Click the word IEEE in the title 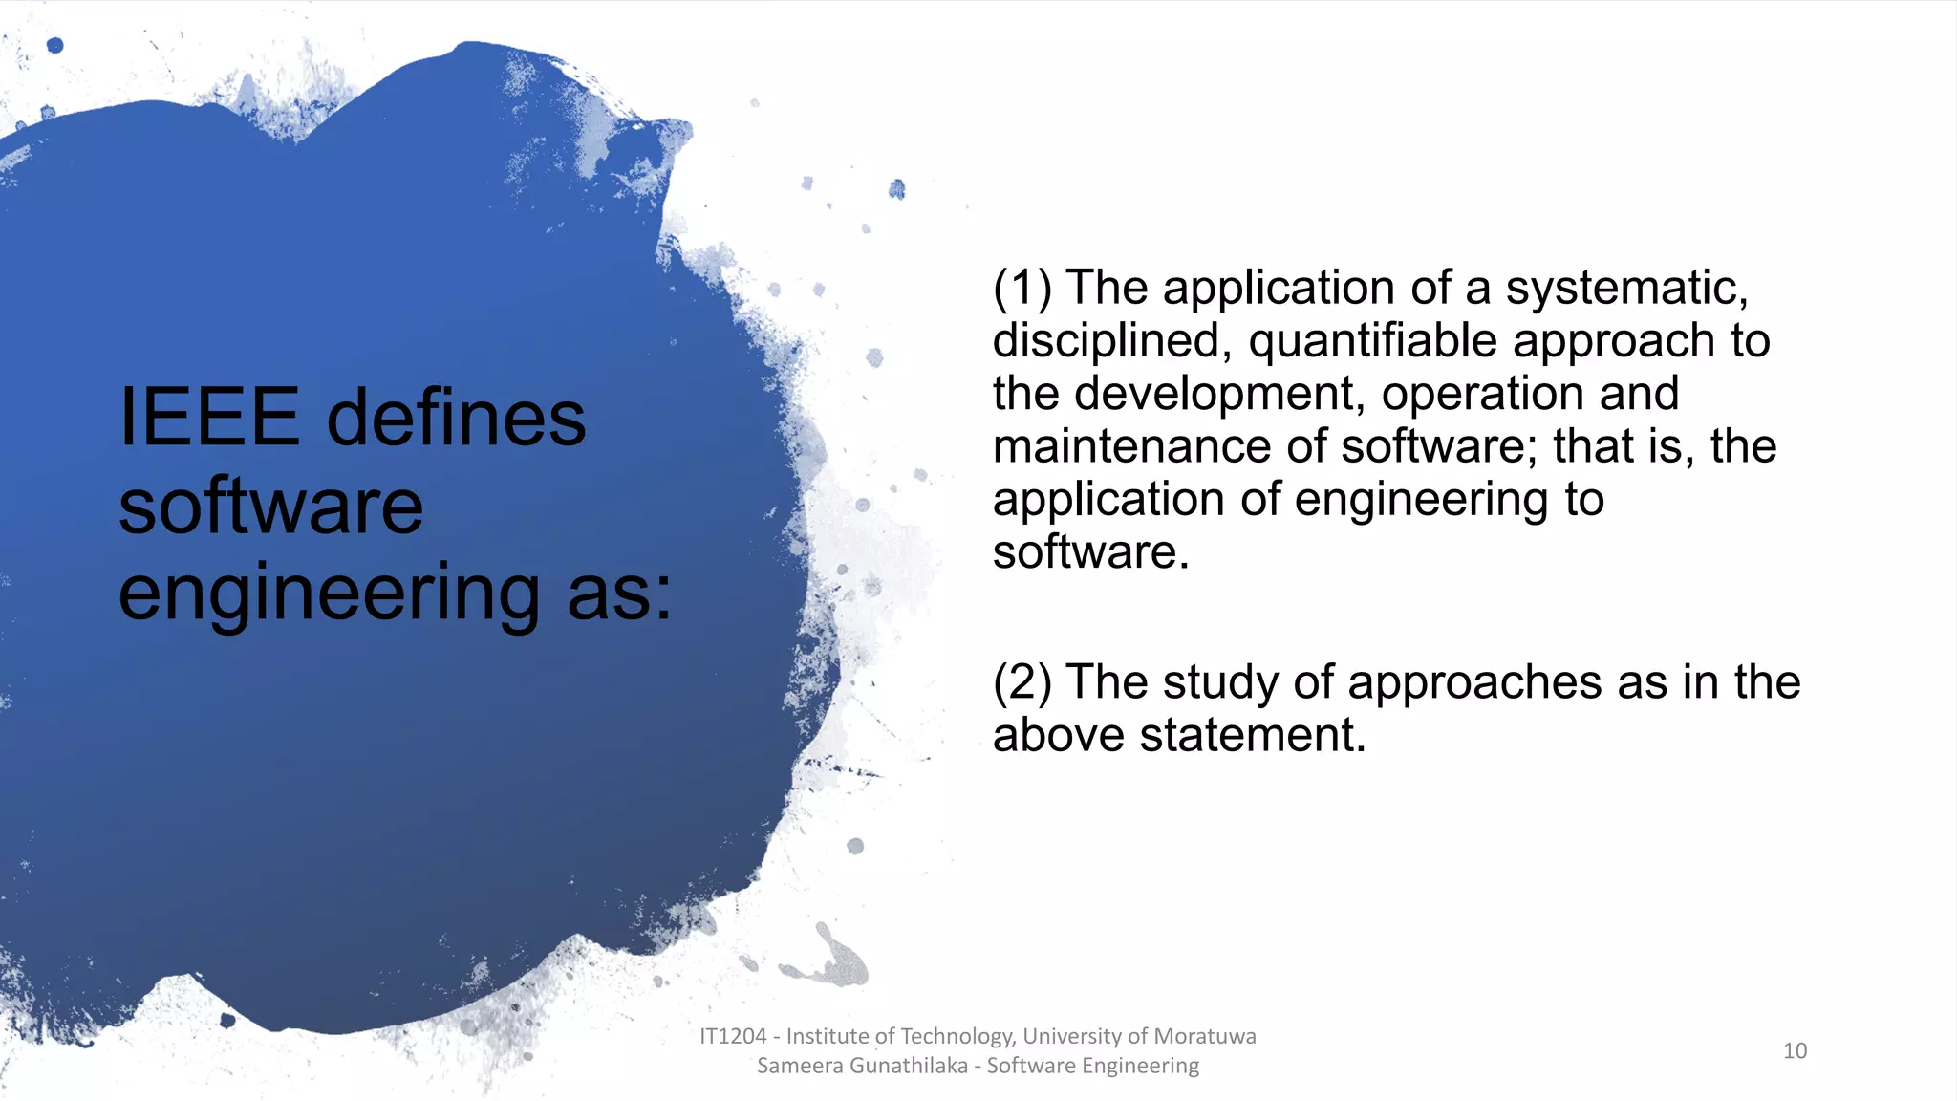tap(208, 418)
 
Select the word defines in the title tap(456, 418)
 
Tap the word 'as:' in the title tap(619, 593)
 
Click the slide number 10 tap(1795, 1050)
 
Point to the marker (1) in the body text tap(1022, 288)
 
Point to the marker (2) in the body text tap(1022, 682)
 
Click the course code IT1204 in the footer tap(733, 1036)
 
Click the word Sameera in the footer tap(792, 1066)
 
